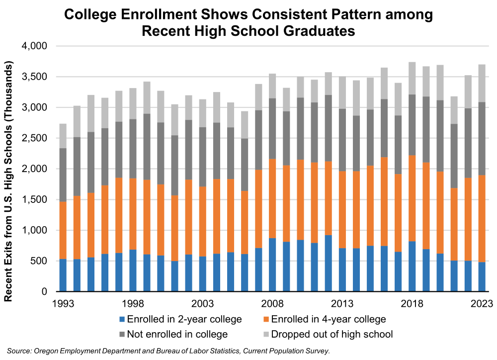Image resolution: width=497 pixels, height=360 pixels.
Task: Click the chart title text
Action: point(248,23)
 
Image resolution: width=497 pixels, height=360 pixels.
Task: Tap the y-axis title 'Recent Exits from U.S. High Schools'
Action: point(8,182)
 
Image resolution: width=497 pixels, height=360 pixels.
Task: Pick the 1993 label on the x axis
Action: point(63,303)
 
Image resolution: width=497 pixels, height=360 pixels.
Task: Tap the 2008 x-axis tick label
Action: point(272,303)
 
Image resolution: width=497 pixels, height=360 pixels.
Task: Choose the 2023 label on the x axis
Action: point(482,303)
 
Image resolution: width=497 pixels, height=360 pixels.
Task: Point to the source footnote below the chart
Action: point(168,351)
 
